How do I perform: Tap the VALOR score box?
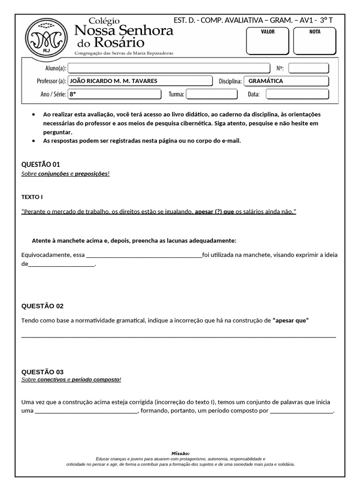click(x=268, y=41)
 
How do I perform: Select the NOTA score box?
click(x=315, y=41)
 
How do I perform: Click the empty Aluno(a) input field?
click(x=169, y=68)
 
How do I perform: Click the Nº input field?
click(x=308, y=68)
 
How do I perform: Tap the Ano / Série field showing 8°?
click(x=114, y=94)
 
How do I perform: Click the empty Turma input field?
click(x=212, y=94)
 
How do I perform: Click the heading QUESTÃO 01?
click(x=41, y=165)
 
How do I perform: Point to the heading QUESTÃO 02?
click(x=43, y=306)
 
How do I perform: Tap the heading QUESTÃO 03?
click(x=43, y=372)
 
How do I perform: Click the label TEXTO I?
click(x=32, y=197)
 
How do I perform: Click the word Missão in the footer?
click(x=180, y=454)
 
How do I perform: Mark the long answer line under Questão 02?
click(x=179, y=336)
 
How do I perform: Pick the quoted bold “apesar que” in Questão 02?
click(x=291, y=321)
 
